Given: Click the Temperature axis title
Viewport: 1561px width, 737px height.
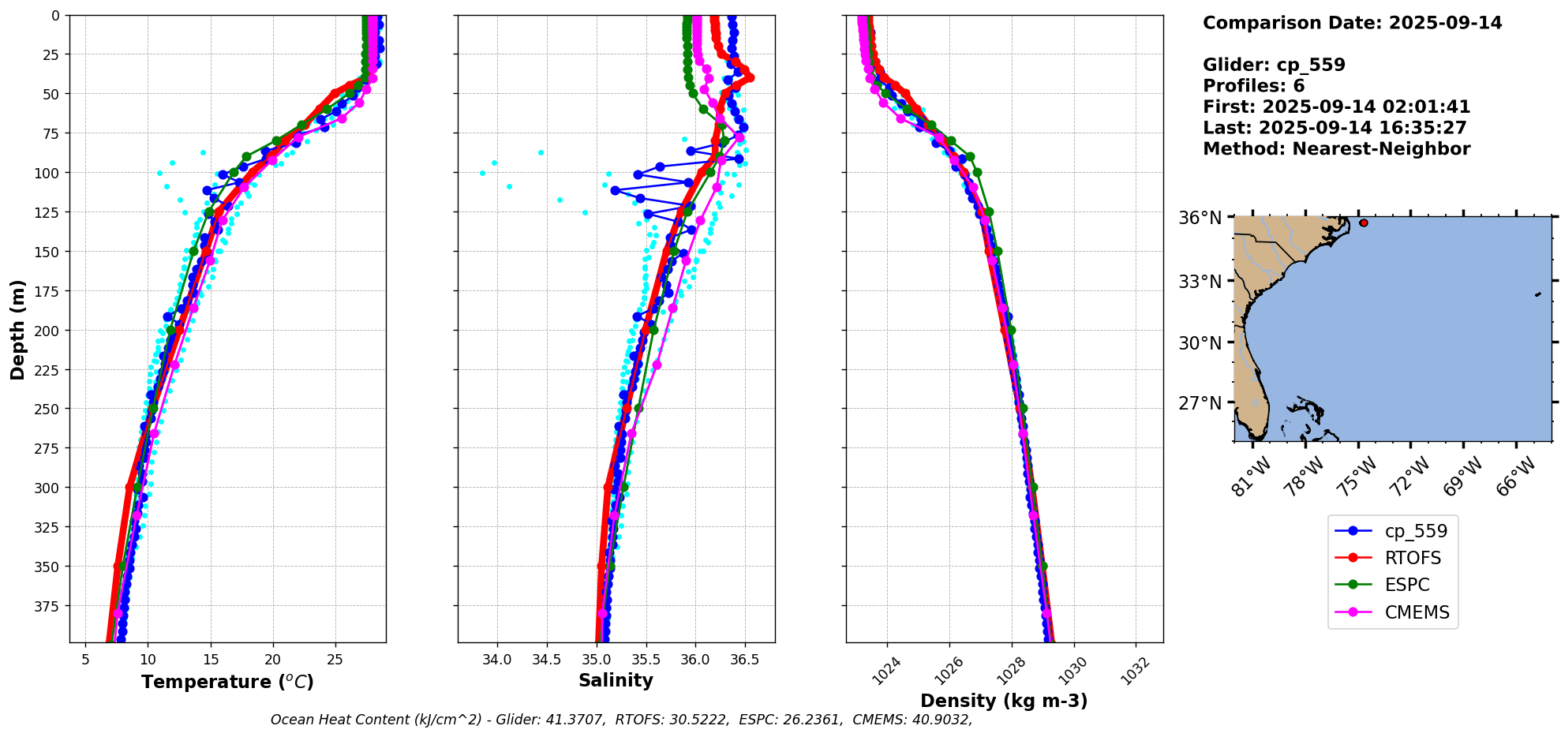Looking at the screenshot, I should pyautogui.click(x=227, y=682).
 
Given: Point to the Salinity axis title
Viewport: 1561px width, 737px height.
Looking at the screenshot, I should pyautogui.click(x=616, y=680).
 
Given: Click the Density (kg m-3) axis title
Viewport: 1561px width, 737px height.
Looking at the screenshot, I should pyautogui.click(x=1004, y=701).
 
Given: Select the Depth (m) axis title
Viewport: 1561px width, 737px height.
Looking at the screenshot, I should pyautogui.click(x=17, y=329).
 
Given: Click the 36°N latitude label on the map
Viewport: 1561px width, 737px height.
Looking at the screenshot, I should pyautogui.click(x=1200, y=218).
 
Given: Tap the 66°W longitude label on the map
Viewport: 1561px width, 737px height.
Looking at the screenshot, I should pyautogui.click(x=1516, y=476).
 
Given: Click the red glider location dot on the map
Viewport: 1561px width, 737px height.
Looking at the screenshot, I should pyautogui.click(x=1363, y=223).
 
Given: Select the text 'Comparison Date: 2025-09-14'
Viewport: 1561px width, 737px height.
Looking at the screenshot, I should pyautogui.click(x=1352, y=23).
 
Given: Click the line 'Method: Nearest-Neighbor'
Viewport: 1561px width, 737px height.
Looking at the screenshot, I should pyautogui.click(x=1336, y=149).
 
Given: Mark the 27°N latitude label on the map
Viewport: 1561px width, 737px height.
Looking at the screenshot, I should pyautogui.click(x=1200, y=403).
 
